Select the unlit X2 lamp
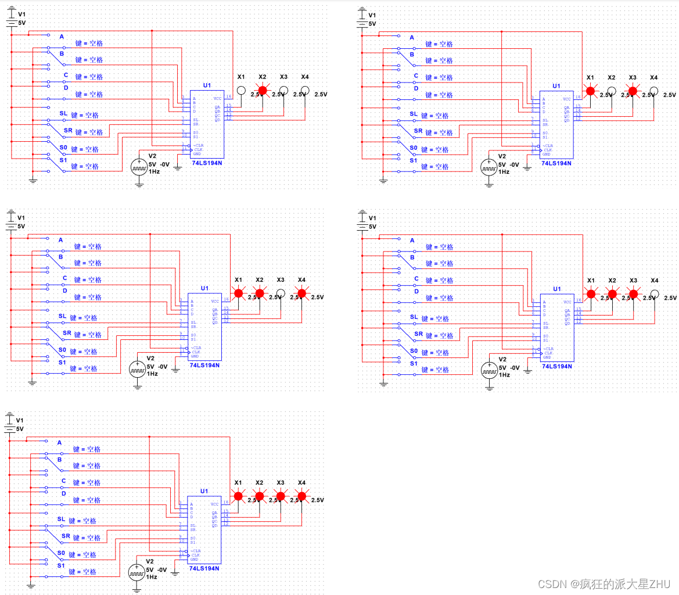612,91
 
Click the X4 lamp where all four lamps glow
301,496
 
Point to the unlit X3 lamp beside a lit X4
281,293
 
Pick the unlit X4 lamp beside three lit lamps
654,294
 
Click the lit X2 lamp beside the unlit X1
263,91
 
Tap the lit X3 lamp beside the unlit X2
633,91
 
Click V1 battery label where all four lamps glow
20,420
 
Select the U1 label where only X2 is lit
207,85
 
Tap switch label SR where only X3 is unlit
66,334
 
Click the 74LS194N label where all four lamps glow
204,568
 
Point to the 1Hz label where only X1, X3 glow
504,173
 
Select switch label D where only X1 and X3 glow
416,88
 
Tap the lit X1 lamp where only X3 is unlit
238,293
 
